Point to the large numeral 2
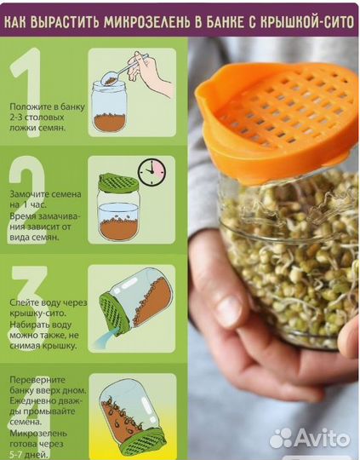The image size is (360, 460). click(27, 200)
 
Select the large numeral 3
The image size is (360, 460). click(29, 308)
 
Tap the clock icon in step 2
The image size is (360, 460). click(151, 172)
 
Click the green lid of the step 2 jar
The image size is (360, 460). click(118, 183)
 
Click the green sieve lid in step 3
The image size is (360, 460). click(114, 313)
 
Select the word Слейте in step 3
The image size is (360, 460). click(24, 302)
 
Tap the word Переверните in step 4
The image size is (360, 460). click(37, 380)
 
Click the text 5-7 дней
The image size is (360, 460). click(28, 455)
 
